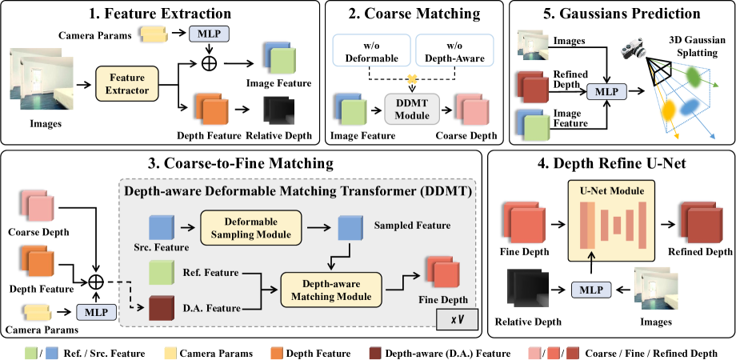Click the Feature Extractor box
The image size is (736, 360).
[x=126, y=84]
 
